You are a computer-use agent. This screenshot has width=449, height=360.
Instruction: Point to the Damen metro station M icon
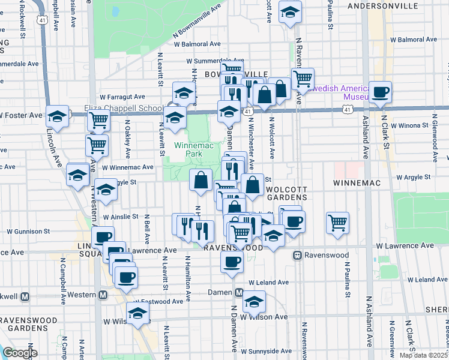(x=239, y=293)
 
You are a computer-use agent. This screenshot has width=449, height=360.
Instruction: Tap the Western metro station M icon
(x=103, y=295)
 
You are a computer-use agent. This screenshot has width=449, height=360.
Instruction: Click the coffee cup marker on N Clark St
(x=380, y=92)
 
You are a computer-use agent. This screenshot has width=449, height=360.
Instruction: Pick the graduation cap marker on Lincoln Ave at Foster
(x=57, y=116)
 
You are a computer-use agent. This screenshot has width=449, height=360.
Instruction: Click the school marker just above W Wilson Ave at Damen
(x=254, y=301)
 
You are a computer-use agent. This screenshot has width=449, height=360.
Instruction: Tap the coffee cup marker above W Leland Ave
(x=232, y=260)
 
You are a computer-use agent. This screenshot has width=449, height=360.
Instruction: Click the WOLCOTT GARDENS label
(x=286, y=193)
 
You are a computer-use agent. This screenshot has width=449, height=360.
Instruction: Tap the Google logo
(x=20, y=353)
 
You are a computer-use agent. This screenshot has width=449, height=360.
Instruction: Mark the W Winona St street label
(x=411, y=126)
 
